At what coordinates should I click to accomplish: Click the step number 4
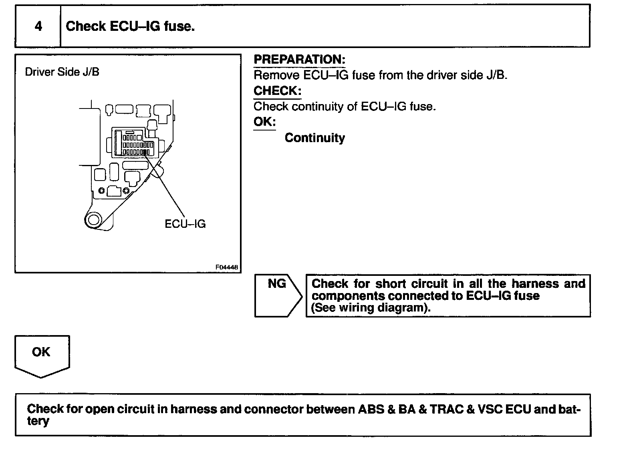click(x=38, y=26)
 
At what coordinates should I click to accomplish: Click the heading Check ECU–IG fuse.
click(x=130, y=26)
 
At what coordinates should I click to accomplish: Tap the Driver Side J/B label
click(x=62, y=72)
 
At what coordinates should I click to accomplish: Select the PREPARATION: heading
click(x=299, y=60)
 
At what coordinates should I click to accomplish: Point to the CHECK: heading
click(x=277, y=91)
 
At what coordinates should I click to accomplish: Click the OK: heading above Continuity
click(x=264, y=122)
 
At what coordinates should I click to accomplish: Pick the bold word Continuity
click(x=314, y=138)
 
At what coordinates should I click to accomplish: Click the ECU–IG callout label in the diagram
click(x=185, y=224)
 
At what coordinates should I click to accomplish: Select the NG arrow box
click(x=278, y=295)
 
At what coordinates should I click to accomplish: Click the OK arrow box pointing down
click(x=42, y=356)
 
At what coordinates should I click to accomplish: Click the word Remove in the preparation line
click(x=276, y=75)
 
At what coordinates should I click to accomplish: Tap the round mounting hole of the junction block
click(x=94, y=220)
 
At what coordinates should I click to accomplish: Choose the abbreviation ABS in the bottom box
click(x=371, y=410)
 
